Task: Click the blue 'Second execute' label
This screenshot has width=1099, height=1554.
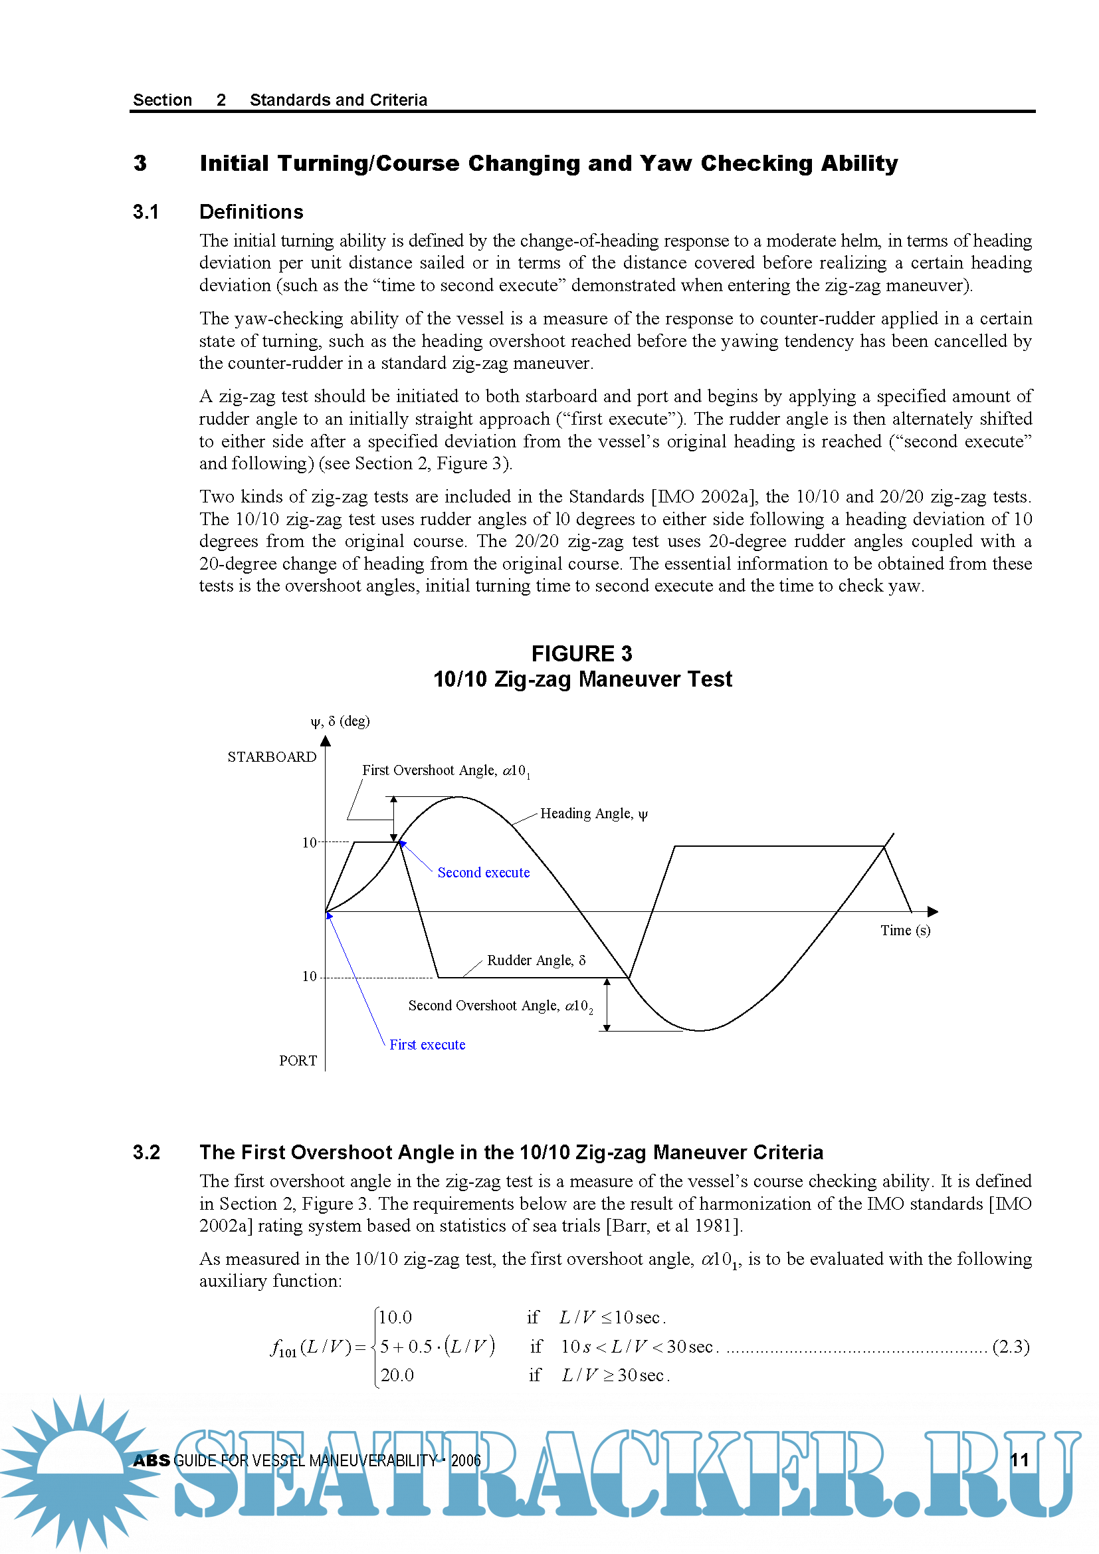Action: (x=483, y=873)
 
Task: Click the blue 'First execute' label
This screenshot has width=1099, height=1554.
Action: (x=427, y=1044)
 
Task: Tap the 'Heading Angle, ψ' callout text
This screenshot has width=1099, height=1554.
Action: (x=593, y=814)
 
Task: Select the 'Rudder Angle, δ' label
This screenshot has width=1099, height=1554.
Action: (x=536, y=960)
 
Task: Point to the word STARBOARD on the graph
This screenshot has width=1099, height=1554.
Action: (x=271, y=756)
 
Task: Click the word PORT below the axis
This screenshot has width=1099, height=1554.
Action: (x=298, y=1061)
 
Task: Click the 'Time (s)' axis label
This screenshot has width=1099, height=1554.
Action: (x=905, y=930)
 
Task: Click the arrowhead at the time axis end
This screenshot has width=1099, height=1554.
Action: (x=932, y=912)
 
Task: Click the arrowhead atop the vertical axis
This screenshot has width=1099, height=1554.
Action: (x=326, y=741)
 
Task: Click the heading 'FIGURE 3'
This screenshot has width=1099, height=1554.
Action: (x=581, y=653)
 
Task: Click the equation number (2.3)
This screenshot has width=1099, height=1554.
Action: (x=1011, y=1346)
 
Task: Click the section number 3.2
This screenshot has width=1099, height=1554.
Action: (x=146, y=1152)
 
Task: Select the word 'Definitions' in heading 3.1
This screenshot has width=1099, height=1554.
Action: (x=251, y=212)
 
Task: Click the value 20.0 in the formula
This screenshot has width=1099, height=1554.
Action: (x=397, y=1375)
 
